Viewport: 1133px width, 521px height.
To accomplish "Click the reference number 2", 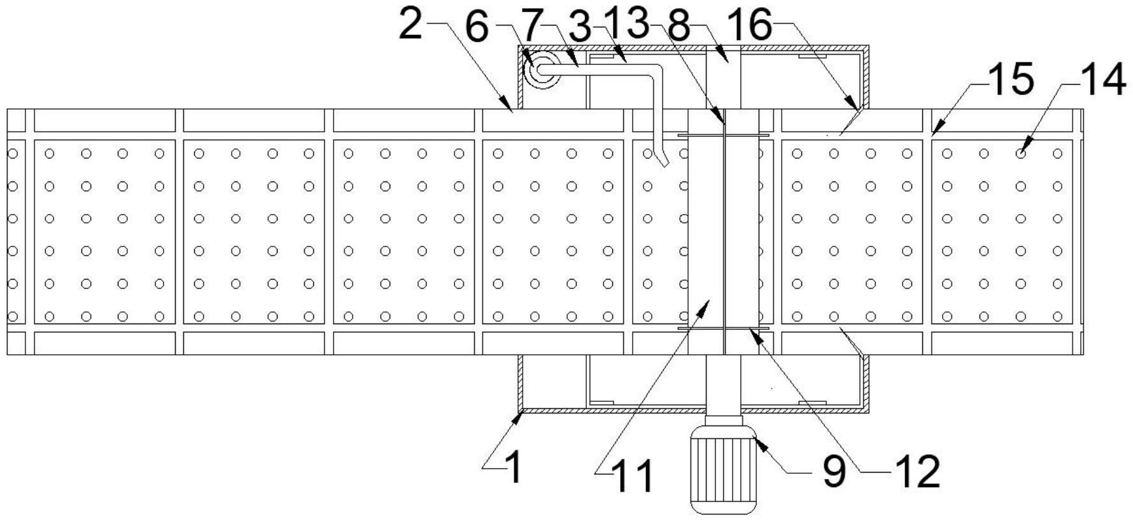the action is [411, 25].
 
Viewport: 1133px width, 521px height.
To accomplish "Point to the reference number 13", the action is [625, 25].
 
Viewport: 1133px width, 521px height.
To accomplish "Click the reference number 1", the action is [514, 468].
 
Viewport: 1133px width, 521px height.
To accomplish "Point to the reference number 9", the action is [834, 472].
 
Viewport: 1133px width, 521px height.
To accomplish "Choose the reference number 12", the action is [918, 472].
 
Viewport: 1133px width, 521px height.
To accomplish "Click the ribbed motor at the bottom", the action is [724, 470].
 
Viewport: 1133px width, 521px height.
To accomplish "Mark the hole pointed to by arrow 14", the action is [1020, 153].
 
